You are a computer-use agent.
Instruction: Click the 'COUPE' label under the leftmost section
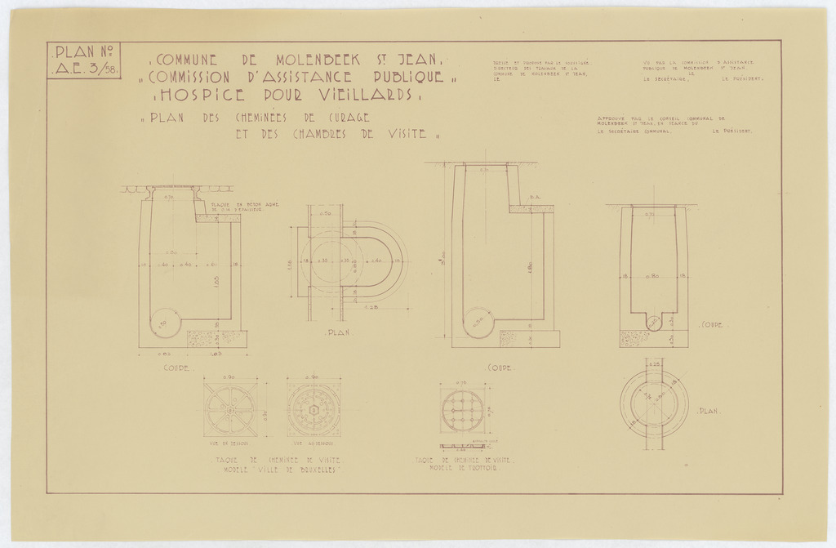(178, 368)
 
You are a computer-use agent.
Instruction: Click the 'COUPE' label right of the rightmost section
(713, 324)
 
